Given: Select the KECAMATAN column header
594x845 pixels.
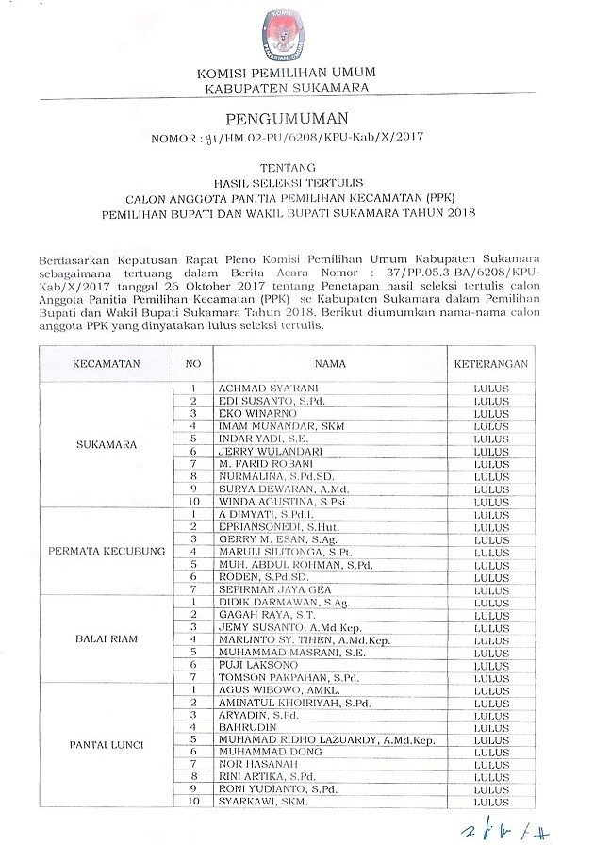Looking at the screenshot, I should click(x=107, y=363).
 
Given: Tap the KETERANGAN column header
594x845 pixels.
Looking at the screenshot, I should click(x=491, y=363).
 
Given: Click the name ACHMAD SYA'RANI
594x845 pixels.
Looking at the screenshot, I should click(x=257, y=388).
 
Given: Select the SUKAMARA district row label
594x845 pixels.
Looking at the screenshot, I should click(x=107, y=443).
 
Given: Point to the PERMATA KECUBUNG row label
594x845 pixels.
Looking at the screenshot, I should click(x=107, y=550).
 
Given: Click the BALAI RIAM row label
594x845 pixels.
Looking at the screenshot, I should click(x=107, y=638).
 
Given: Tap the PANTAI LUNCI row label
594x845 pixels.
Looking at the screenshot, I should click(x=107, y=746).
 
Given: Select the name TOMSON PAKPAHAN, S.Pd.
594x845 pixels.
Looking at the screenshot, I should click(x=274, y=677).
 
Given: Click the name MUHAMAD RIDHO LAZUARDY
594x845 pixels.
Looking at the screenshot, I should click(x=312, y=739).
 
